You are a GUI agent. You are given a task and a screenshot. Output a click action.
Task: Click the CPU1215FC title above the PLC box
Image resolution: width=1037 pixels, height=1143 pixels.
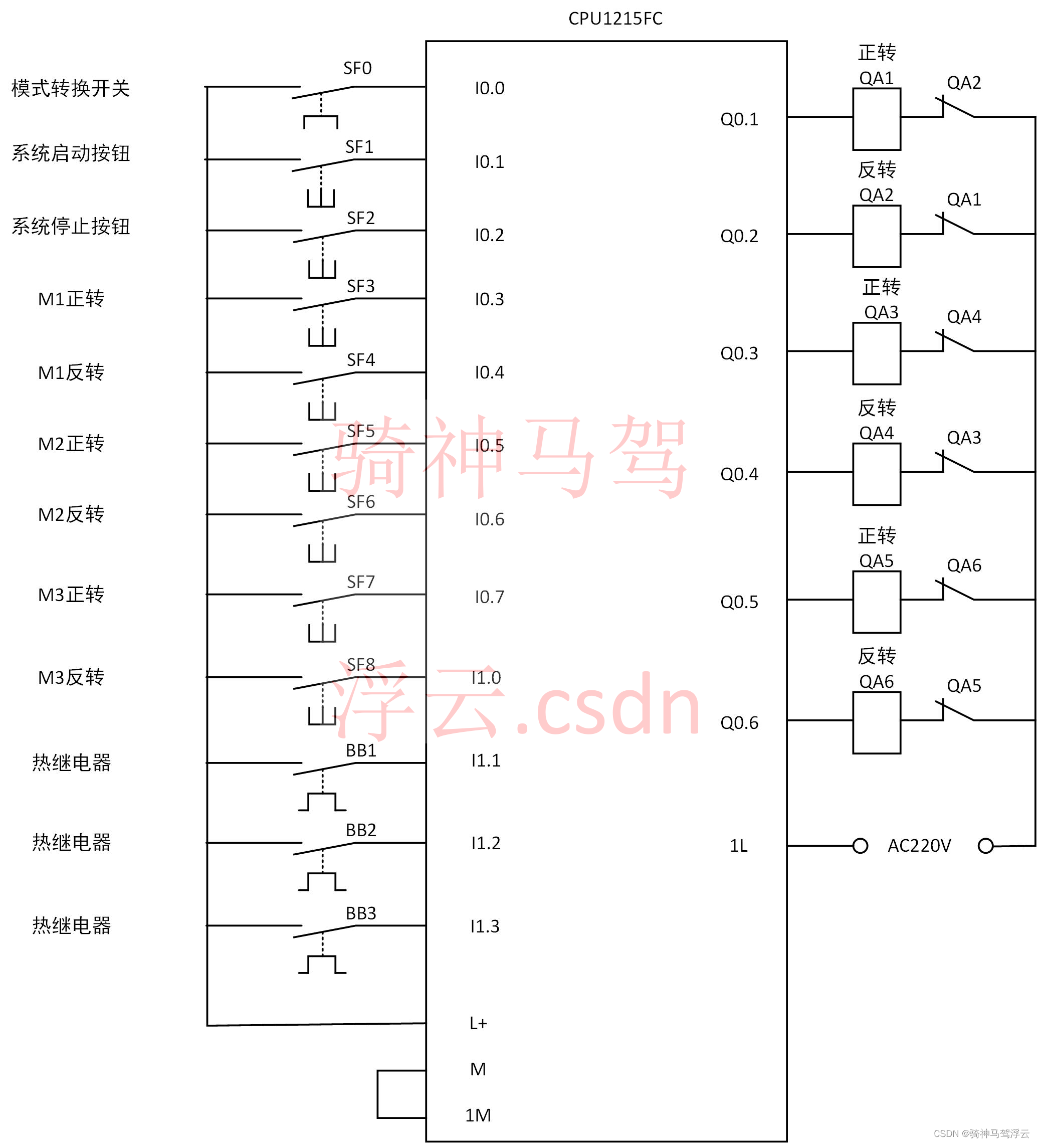point(614,19)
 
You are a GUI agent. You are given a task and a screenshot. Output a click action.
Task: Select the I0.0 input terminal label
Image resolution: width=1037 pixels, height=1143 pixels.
point(489,88)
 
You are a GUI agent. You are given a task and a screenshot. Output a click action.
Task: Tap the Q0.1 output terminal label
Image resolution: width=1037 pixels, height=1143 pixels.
point(738,119)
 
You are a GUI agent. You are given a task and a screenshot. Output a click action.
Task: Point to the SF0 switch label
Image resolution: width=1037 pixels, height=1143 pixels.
point(357,69)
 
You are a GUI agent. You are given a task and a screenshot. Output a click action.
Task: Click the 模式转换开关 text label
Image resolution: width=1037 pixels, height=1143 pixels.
point(71,88)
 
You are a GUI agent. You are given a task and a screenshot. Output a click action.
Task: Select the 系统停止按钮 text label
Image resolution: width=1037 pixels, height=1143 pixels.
point(71,226)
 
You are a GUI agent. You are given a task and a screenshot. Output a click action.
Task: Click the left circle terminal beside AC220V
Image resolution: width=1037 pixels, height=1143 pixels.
point(860,845)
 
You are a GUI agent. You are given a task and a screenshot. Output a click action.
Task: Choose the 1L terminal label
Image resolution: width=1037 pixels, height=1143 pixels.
point(738,845)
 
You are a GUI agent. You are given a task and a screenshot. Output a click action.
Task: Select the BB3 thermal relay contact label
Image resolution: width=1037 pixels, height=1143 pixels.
point(360,913)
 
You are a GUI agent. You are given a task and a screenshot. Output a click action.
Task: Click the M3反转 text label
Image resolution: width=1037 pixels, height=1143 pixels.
point(71,677)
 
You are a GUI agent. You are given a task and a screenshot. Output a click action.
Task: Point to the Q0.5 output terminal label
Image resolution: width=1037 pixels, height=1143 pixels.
point(738,602)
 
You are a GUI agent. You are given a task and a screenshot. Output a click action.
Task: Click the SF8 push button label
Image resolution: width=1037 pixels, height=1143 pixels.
point(360,664)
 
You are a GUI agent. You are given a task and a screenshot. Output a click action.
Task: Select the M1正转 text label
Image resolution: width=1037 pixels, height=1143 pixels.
point(71,299)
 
